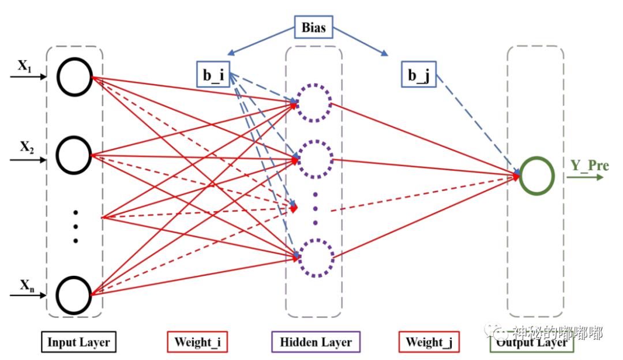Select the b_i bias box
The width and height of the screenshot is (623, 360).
213,74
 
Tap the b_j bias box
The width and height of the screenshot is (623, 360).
419,75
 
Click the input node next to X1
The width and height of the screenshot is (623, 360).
75,77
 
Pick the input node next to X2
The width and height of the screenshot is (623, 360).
75,155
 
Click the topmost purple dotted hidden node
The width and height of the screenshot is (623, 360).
314,103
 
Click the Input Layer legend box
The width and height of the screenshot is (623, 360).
78,342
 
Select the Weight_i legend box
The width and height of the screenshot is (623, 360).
197,342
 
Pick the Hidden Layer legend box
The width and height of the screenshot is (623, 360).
316,342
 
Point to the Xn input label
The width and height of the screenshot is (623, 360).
27,284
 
